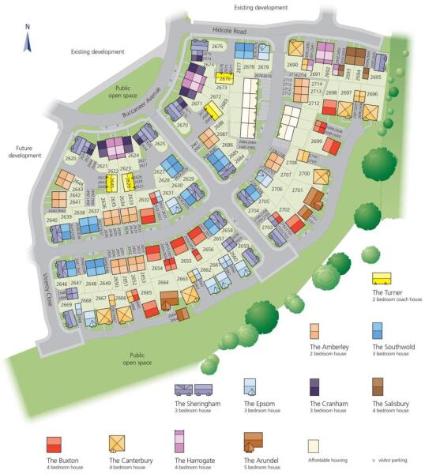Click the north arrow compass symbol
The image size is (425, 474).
click(x=27, y=39)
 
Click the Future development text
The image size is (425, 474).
click(x=24, y=151)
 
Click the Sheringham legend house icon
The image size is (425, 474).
click(x=193, y=389)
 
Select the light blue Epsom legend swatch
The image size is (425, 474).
click(x=251, y=386)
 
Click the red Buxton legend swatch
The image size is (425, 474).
click(x=55, y=442)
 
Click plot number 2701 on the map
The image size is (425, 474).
click(x=297, y=190)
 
